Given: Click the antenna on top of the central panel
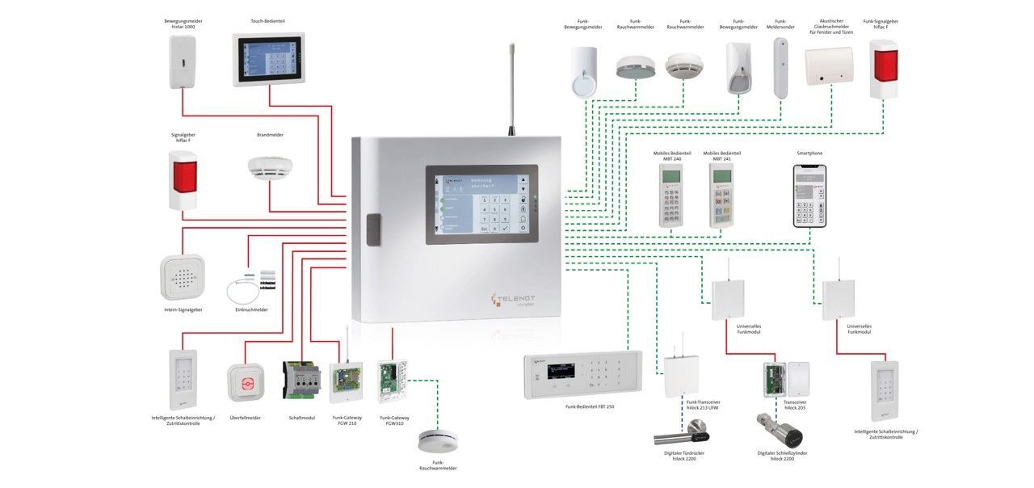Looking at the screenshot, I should click(x=511, y=89).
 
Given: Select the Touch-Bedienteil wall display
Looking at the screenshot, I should click(x=269, y=59).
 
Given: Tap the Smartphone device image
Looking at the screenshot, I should click(x=809, y=194).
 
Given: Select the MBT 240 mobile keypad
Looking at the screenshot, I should click(x=671, y=195).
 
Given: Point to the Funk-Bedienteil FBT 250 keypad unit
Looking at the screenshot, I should click(x=582, y=375).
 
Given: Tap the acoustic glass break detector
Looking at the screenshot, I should click(x=828, y=65).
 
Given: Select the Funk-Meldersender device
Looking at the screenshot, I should click(x=780, y=68).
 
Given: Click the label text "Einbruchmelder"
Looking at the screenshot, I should click(x=251, y=309).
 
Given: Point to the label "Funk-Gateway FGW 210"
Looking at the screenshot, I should click(x=345, y=421).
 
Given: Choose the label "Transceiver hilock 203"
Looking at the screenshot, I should click(x=795, y=405).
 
